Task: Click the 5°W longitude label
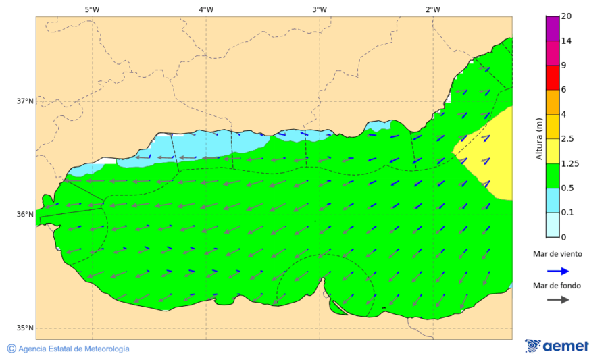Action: [x=92, y=9]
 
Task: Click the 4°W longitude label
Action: [x=206, y=9]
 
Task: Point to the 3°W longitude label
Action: [x=320, y=9]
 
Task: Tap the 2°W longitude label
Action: [x=433, y=9]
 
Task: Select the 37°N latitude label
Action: [x=25, y=101]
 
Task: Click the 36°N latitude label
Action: [x=25, y=215]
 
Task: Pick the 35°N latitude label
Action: [x=25, y=328]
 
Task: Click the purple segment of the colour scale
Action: [x=552, y=28]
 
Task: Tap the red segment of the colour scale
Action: [x=552, y=77]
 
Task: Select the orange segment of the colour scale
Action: [x=552, y=102]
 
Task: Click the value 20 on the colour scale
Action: [x=566, y=17]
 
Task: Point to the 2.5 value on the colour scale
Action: [x=568, y=139]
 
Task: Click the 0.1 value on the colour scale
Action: [x=568, y=213]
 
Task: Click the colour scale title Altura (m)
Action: [x=539, y=138]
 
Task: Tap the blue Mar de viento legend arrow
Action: [x=557, y=269]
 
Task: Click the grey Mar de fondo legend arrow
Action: [x=557, y=300]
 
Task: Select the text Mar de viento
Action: [x=557, y=254]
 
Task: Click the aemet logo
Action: [x=557, y=346]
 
